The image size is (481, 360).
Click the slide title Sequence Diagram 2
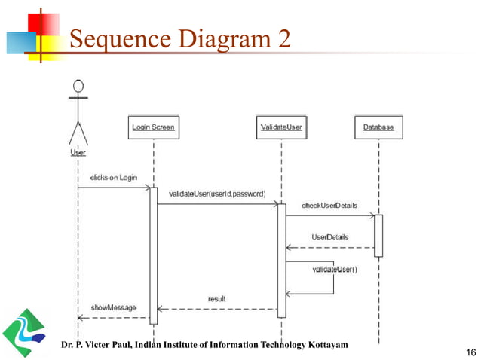179,38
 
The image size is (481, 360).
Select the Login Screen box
153,127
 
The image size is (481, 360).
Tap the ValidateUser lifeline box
281,127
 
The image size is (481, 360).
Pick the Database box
378,127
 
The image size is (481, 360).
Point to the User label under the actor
78,152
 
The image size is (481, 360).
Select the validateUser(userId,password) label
216,194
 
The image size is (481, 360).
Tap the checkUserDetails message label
329,205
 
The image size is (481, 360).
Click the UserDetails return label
330,237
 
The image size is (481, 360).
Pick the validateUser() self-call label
335,269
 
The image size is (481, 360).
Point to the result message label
217,299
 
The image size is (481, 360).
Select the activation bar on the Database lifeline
378,235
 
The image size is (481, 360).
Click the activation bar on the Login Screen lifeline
153,256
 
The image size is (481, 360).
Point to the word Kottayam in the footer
325,344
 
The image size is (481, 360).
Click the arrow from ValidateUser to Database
330,215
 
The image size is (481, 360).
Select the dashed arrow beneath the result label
217,309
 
